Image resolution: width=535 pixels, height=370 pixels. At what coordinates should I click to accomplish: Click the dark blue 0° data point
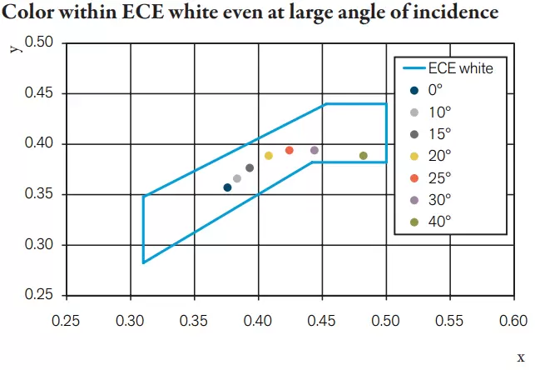[x=228, y=187]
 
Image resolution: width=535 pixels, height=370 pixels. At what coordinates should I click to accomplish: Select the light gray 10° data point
[x=237, y=178]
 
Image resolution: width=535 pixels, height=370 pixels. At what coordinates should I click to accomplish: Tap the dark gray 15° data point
[x=250, y=167]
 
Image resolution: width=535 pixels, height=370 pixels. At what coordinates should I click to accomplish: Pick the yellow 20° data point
[x=269, y=156]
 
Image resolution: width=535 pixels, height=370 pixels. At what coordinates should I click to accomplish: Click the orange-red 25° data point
[x=290, y=150]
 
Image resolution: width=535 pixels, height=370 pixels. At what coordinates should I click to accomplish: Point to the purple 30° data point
[x=315, y=150]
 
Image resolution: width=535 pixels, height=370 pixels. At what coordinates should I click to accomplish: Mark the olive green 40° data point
[x=364, y=156]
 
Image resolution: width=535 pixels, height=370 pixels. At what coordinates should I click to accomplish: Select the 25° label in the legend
[x=439, y=177]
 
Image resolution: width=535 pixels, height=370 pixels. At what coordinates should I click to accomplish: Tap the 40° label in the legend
[x=439, y=221]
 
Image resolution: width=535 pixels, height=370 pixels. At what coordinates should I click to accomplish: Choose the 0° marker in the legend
[x=414, y=90]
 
